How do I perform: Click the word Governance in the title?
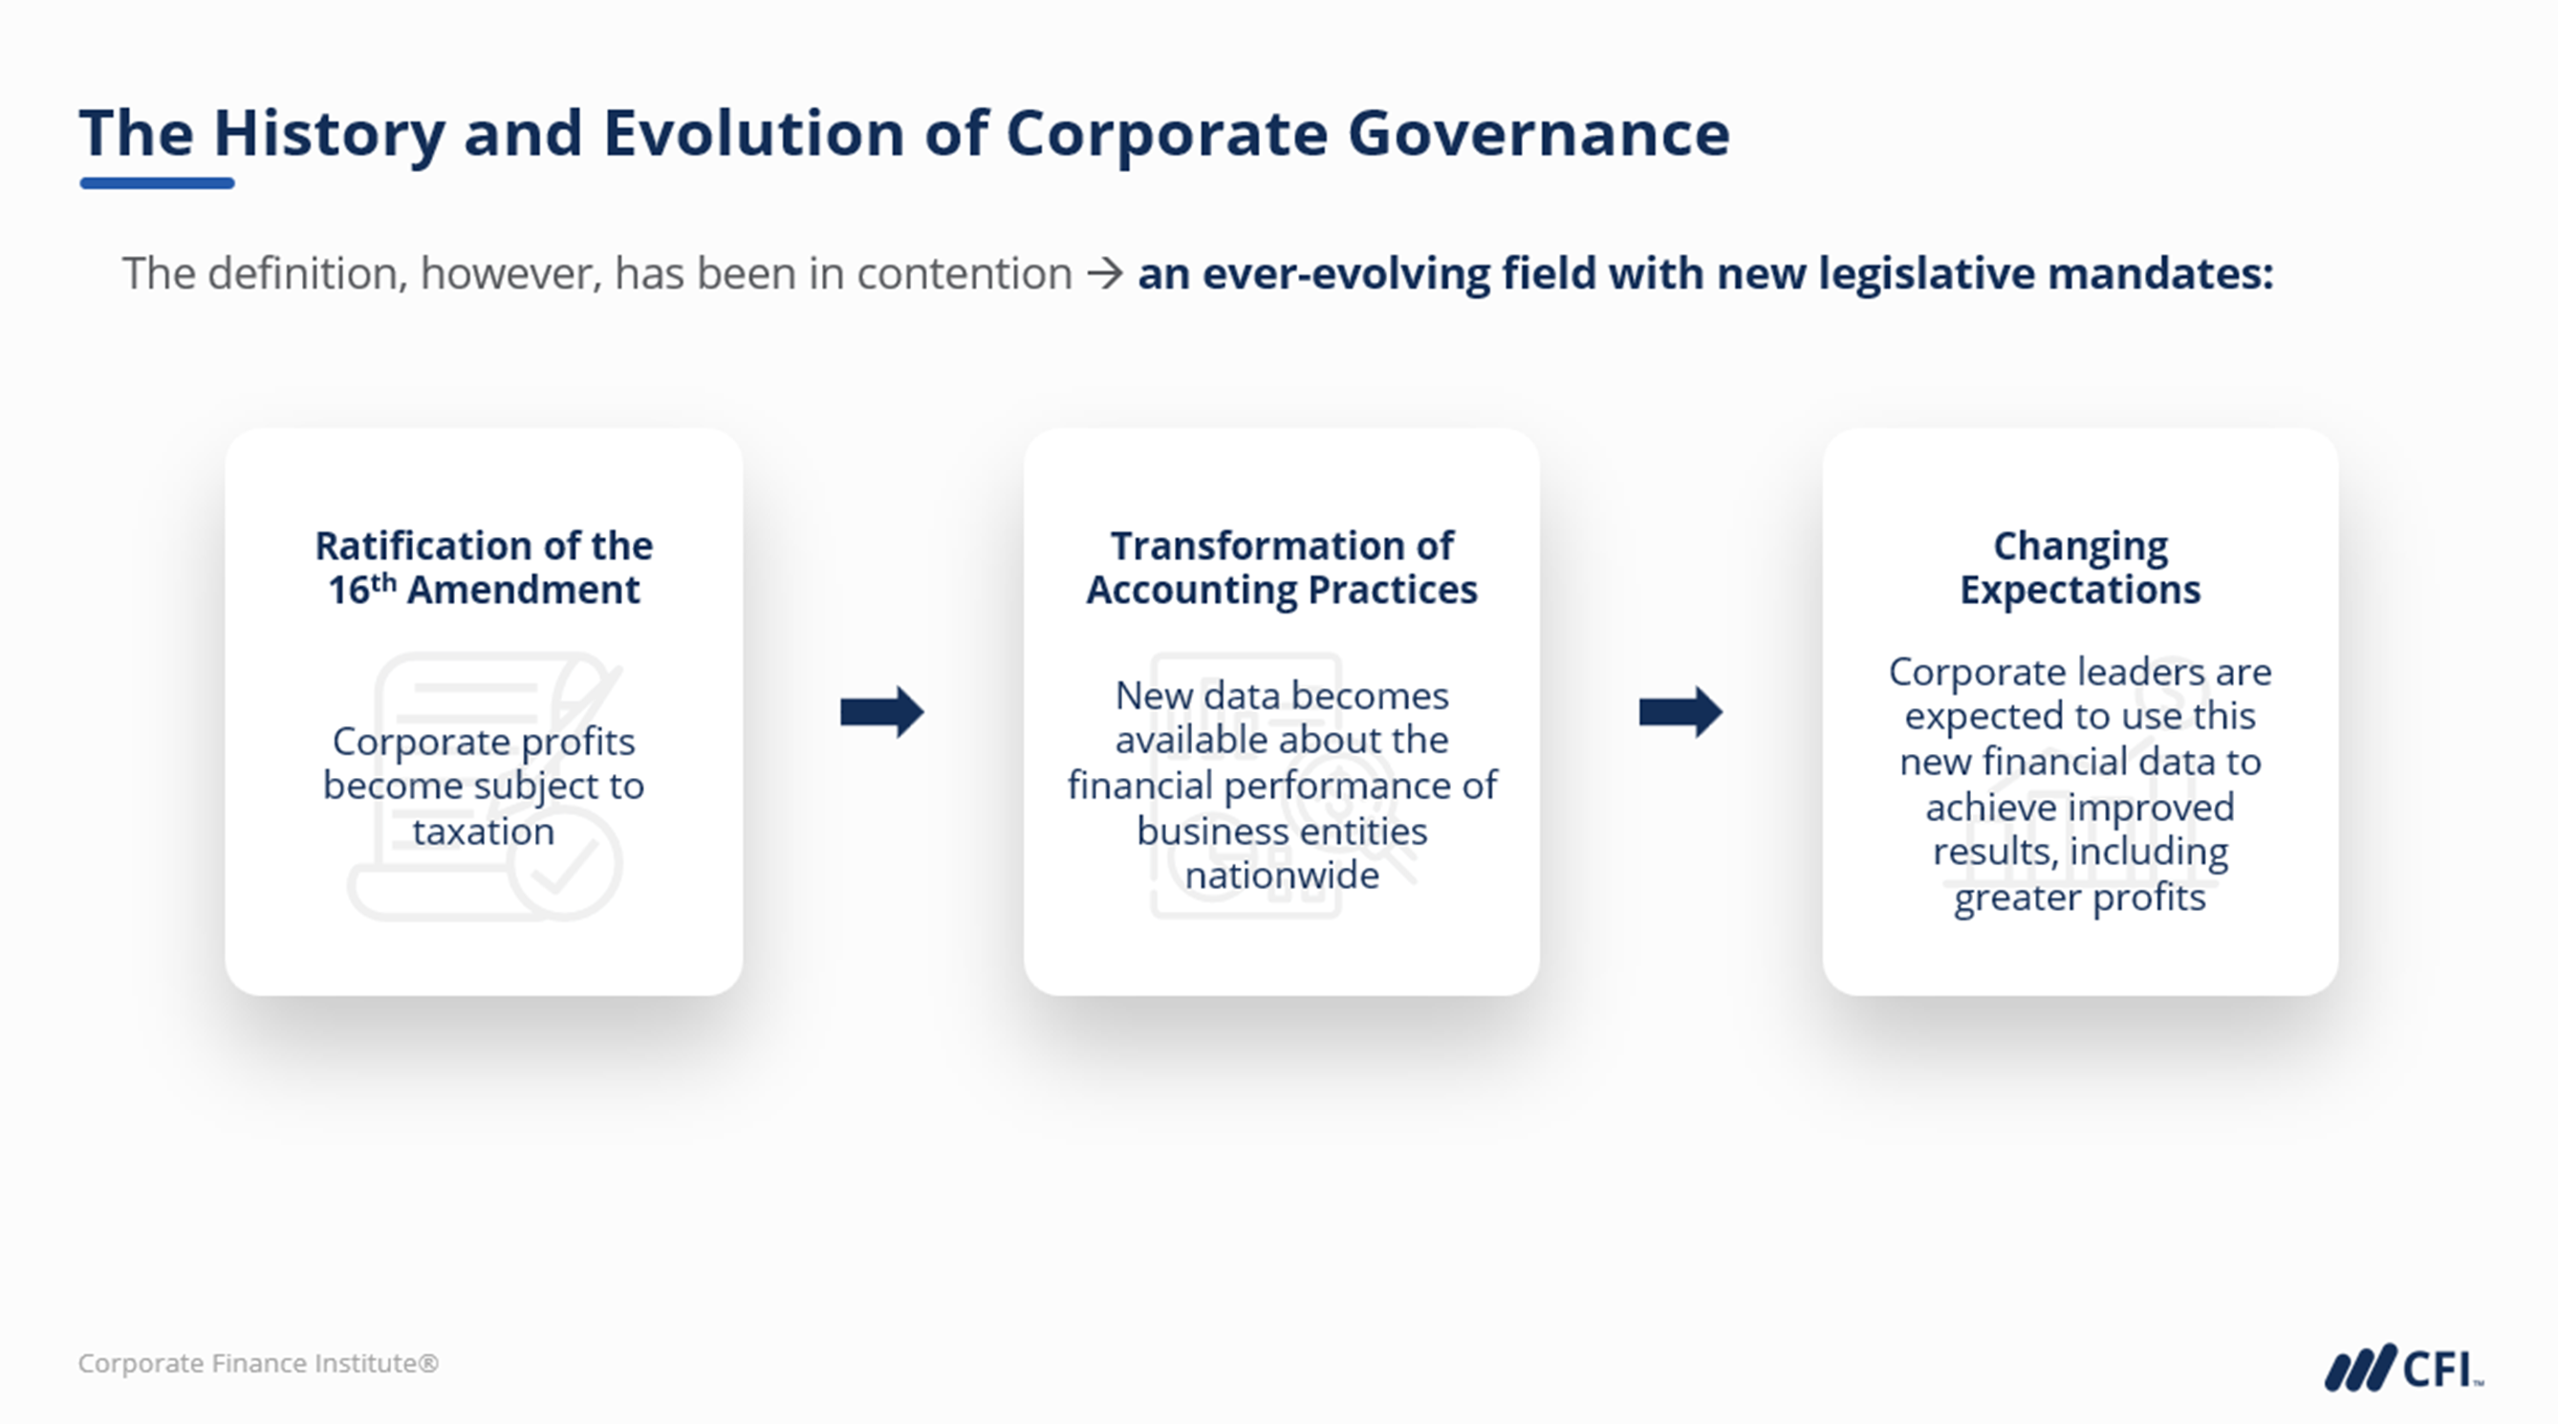coord(1538,133)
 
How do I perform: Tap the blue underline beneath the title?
coord(157,183)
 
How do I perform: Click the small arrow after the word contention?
coord(1104,273)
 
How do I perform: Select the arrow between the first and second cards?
coord(881,711)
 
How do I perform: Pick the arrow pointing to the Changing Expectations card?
coord(1680,711)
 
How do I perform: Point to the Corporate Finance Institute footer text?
coord(258,1363)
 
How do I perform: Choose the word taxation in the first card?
coord(484,831)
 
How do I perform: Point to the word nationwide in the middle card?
coord(1282,874)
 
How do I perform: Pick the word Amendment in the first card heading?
coord(523,589)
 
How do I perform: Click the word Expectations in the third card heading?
coord(2080,591)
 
